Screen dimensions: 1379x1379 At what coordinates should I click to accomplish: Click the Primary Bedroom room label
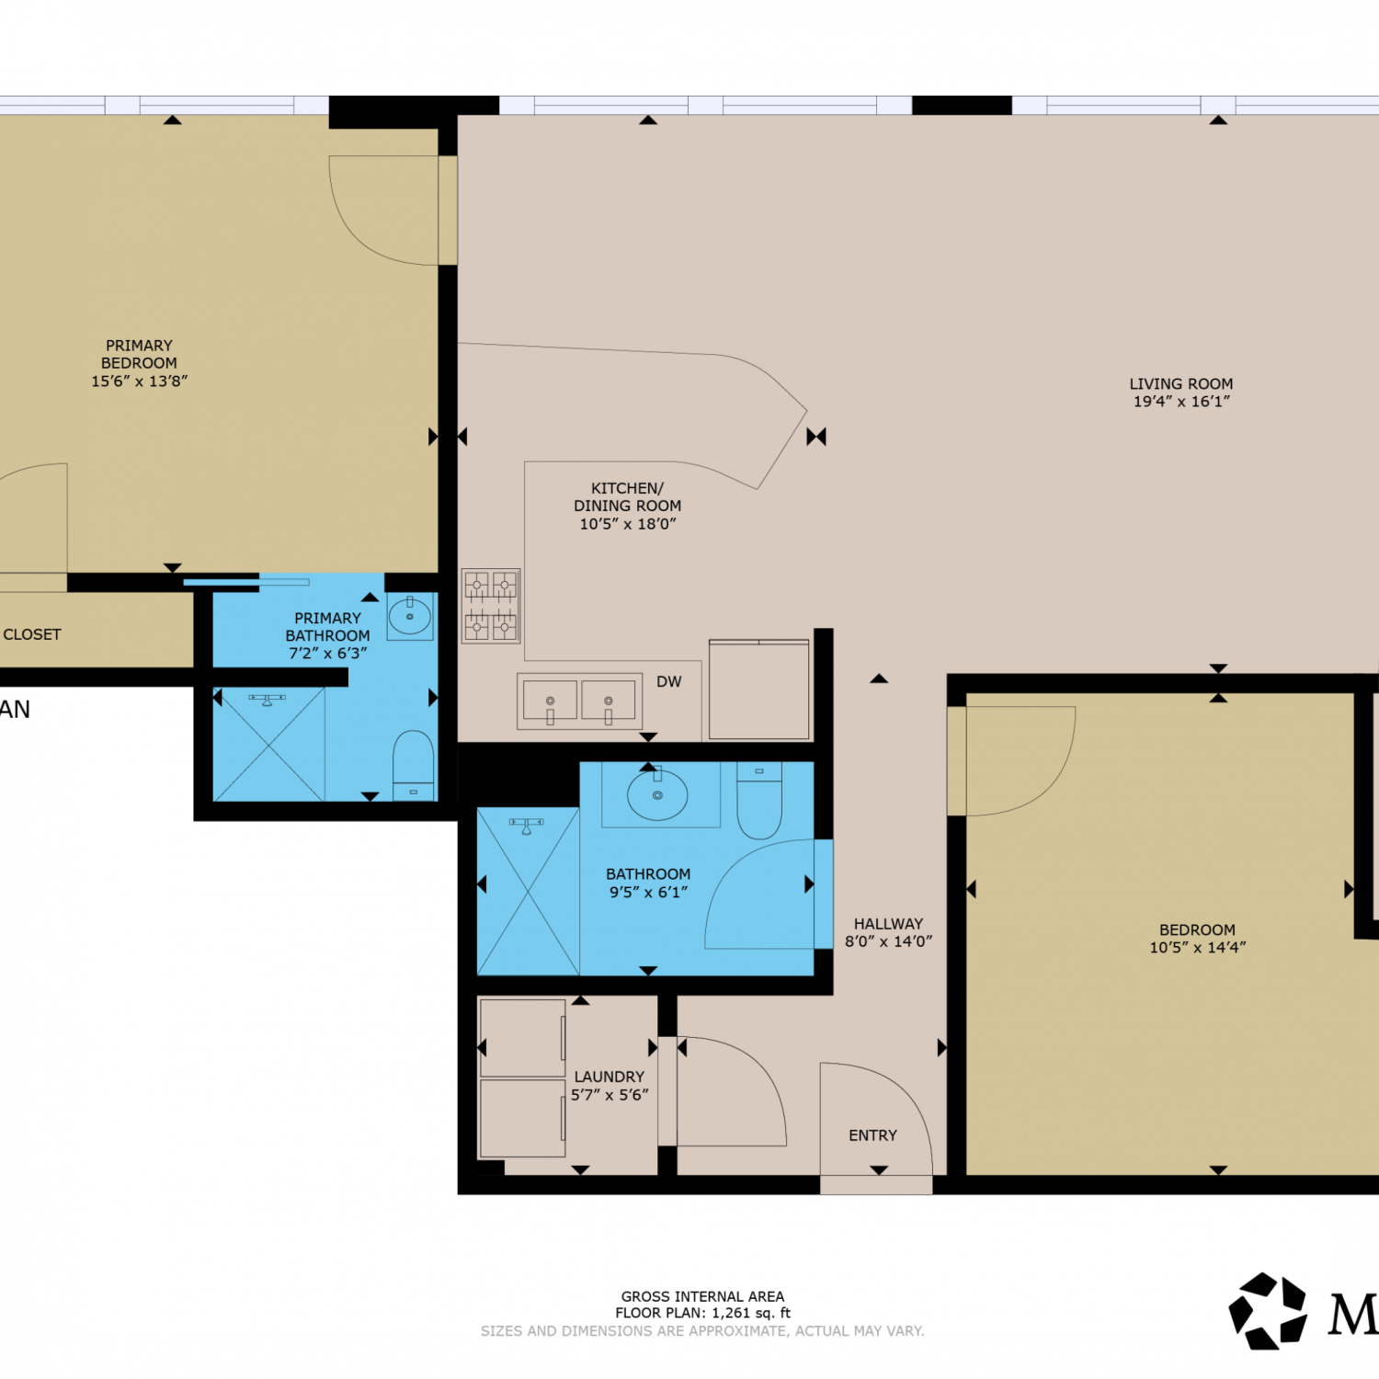click(x=139, y=354)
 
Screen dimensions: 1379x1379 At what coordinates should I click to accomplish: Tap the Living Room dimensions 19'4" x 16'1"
click(x=1181, y=401)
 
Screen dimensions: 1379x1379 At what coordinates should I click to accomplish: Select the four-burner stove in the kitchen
click(x=491, y=606)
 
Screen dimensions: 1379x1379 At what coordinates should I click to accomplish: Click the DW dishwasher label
click(x=669, y=681)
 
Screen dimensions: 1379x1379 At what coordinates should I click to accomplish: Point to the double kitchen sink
click(x=579, y=702)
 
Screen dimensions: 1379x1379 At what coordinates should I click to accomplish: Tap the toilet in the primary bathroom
click(x=414, y=766)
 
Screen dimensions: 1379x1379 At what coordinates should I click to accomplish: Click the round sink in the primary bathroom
click(x=410, y=617)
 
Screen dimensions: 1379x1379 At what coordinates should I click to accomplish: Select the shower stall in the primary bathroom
click(x=268, y=744)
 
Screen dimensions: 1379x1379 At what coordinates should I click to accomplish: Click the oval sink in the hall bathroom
click(x=657, y=794)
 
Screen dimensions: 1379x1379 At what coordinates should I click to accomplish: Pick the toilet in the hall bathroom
click(x=759, y=800)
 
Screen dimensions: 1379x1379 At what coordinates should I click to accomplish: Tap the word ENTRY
click(x=872, y=1135)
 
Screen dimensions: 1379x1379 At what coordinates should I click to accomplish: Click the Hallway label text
click(x=888, y=924)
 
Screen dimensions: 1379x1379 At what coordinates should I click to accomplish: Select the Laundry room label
click(x=610, y=1077)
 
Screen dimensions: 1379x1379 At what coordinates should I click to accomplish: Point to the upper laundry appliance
click(x=522, y=1038)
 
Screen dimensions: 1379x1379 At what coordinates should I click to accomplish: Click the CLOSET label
click(x=32, y=634)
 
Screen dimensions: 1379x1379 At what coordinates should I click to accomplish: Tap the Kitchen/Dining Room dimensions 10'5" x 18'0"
click(x=628, y=524)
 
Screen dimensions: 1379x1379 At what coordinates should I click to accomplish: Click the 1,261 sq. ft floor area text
click(x=751, y=1313)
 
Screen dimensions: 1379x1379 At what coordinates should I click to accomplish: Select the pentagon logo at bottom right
click(x=1268, y=1311)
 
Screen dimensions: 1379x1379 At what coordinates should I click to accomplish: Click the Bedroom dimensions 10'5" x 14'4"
click(x=1198, y=947)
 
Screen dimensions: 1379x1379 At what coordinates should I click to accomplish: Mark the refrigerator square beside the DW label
click(x=759, y=689)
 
